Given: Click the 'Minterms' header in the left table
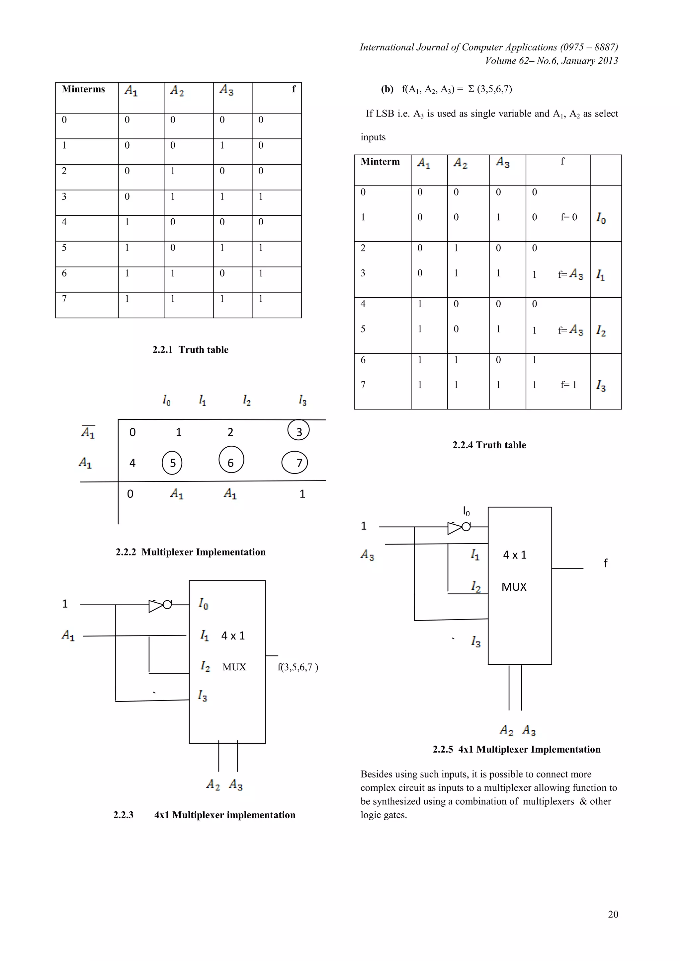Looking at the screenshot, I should tap(83, 89).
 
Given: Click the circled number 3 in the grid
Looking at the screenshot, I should tap(298, 431).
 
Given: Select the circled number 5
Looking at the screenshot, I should tap(172, 463).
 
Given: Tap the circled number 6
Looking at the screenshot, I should tap(231, 460).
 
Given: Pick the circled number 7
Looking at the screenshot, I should tap(295, 463).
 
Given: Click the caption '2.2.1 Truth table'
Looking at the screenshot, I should tap(191, 349).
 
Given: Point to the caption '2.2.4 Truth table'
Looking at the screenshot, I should tap(489, 445).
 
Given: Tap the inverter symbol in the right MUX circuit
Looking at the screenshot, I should tap(459, 527).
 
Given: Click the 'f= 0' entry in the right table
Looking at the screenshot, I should tap(569, 217).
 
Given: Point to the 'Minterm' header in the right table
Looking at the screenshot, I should tap(380, 162).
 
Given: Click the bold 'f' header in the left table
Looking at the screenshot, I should tap(294, 89).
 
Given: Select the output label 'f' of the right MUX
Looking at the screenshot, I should tap(606, 563).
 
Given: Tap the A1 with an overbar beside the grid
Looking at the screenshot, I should tap(88, 431).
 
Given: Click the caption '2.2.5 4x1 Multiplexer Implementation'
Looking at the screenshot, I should tap(516, 749).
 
